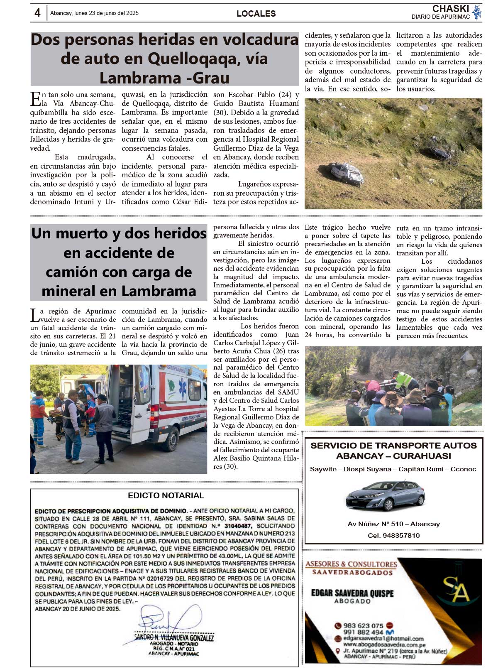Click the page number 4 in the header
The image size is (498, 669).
point(37,13)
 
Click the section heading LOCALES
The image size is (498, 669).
point(256,14)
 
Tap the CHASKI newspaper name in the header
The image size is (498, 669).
point(450,9)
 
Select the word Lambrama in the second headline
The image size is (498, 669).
point(160,291)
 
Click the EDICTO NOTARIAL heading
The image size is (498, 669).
point(166,495)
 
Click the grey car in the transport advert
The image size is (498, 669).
point(385,495)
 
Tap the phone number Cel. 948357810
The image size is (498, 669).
point(393,535)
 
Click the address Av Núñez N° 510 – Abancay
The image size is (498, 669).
point(393,524)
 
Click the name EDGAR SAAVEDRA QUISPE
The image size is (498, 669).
point(352,593)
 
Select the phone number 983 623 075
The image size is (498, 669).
point(363,625)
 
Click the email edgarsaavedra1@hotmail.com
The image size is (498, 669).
point(383,639)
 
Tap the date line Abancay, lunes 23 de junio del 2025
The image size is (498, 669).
point(94,13)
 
